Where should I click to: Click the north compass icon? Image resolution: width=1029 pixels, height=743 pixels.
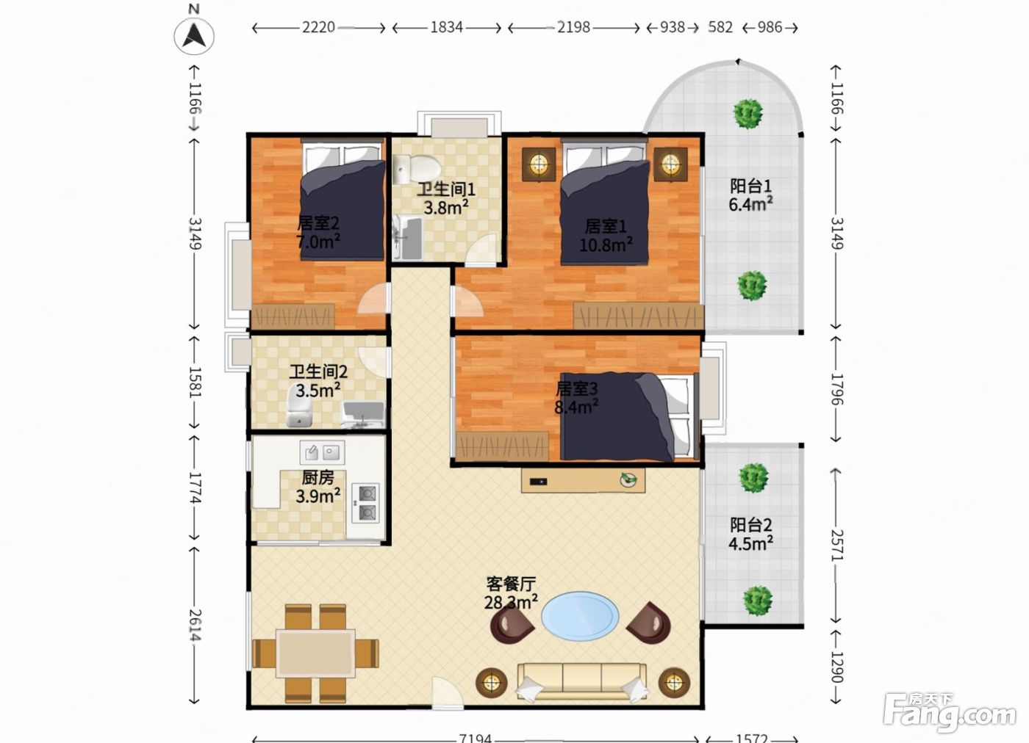[x=194, y=35]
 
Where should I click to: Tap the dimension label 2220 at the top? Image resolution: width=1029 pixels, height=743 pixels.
[x=318, y=28]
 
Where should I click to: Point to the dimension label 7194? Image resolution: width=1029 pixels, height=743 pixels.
[x=475, y=737]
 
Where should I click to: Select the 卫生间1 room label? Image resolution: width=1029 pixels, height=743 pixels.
[x=445, y=189]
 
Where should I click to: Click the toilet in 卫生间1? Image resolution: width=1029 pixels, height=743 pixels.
[x=417, y=168]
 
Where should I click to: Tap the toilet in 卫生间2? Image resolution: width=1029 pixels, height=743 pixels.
[x=299, y=405]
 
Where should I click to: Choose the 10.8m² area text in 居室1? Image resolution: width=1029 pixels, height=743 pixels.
[x=606, y=244]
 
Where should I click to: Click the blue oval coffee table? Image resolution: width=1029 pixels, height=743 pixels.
[x=580, y=616]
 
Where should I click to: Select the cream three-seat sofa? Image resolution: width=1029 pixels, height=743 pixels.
[x=582, y=682]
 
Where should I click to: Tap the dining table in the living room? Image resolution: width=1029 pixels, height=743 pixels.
[x=315, y=653]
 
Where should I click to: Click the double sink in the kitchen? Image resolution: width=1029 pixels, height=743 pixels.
[x=322, y=452]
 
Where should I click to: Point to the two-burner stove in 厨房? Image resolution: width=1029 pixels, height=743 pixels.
[x=366, y=503]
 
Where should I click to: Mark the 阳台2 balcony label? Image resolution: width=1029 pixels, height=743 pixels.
[x=751, y=524]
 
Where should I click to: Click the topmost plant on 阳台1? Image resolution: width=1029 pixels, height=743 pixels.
[x=748, y=113]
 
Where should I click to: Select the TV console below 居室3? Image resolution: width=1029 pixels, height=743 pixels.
[x=583, y=480]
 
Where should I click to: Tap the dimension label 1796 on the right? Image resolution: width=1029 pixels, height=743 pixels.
[x=836, y=390]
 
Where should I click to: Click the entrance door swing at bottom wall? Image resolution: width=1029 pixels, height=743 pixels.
[x=447, y=692]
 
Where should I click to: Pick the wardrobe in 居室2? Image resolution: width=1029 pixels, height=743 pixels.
[x=293, y=316]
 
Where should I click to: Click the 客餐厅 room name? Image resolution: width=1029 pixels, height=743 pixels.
[x=511, y=584]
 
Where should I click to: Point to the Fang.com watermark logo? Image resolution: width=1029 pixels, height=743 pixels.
[x=950, y=712]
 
